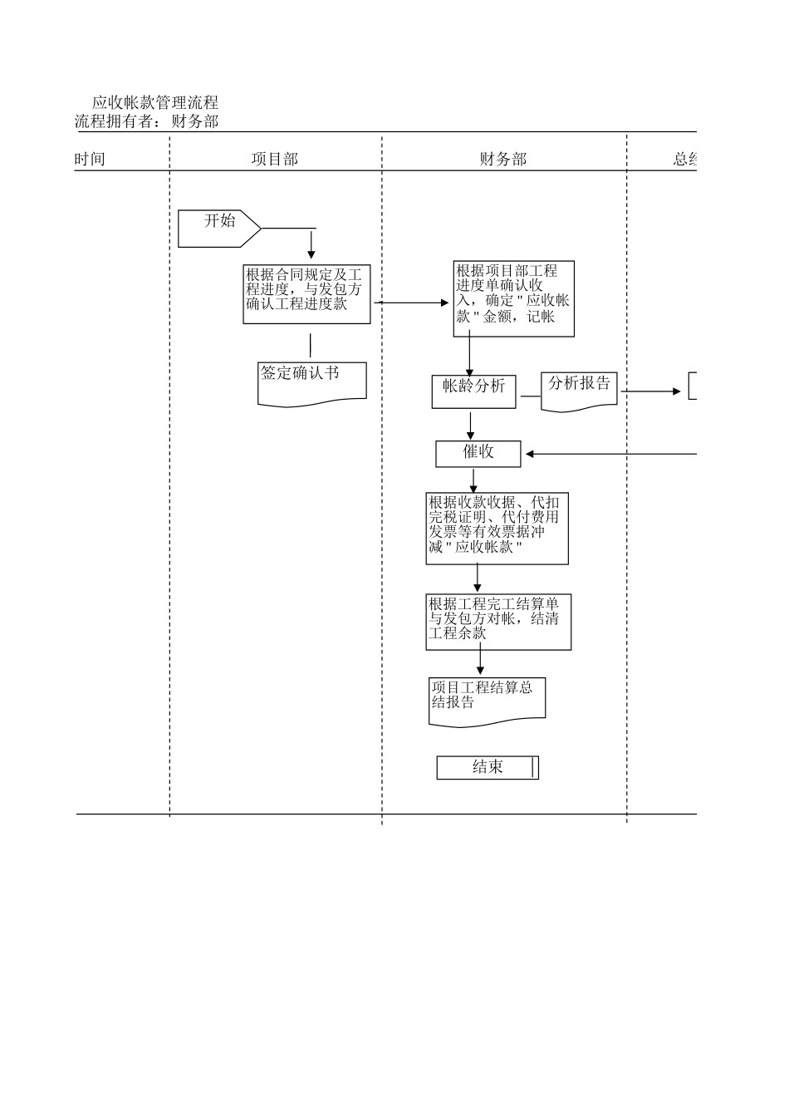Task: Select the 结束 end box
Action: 488,767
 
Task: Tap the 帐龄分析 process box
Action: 473,391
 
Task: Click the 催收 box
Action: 478,453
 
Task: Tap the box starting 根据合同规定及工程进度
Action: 306,294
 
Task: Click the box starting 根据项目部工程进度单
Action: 513,299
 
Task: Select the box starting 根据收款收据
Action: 497,528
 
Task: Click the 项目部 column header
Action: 275,160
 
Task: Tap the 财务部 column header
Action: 502,160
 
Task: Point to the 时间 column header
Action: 90,160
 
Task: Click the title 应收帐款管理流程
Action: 155,103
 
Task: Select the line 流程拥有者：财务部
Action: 147,121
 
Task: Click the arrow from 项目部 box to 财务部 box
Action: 411,303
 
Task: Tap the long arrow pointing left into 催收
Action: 610,454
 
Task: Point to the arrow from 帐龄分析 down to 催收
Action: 471,425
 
